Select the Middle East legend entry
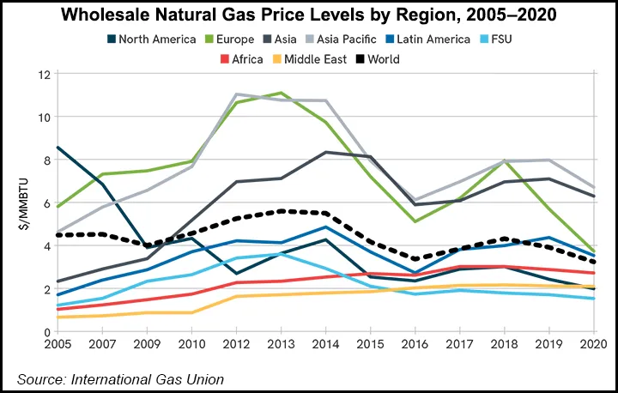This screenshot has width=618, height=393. (329, 59)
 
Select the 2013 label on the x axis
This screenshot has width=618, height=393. (277, 345)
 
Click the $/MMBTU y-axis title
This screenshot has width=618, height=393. (23, 204)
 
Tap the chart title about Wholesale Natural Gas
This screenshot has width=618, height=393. (309, 15)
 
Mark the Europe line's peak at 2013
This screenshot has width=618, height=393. (277, 93)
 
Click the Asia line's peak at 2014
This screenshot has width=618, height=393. (323, 152)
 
